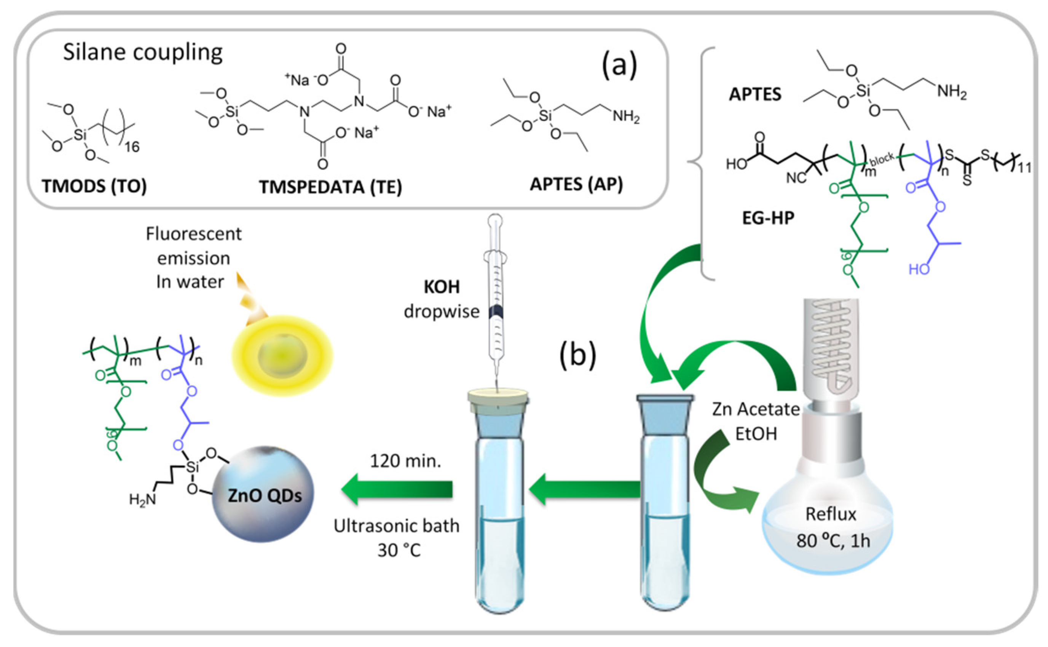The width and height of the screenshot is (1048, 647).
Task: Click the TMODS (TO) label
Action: coord(94,186)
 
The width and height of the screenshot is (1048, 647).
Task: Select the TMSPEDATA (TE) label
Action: coord(330,187)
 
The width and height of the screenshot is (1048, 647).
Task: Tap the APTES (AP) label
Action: coord(576,184)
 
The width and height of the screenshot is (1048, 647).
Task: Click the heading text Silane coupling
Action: coord(143,53)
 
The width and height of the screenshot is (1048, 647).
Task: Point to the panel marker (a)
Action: coord(619,65)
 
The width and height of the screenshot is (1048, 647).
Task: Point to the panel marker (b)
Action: coord(577,355)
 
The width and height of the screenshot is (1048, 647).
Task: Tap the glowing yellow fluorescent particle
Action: coord(282,355)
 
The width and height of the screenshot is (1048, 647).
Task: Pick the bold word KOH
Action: coord(442,287)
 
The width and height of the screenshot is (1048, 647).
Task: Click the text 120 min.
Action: coord(405,461)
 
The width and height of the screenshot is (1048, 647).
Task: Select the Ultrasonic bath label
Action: coord(397,526)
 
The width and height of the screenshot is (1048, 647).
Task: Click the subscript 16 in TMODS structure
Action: coord(132,147)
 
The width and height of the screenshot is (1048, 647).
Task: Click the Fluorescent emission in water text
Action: coord(193,258)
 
